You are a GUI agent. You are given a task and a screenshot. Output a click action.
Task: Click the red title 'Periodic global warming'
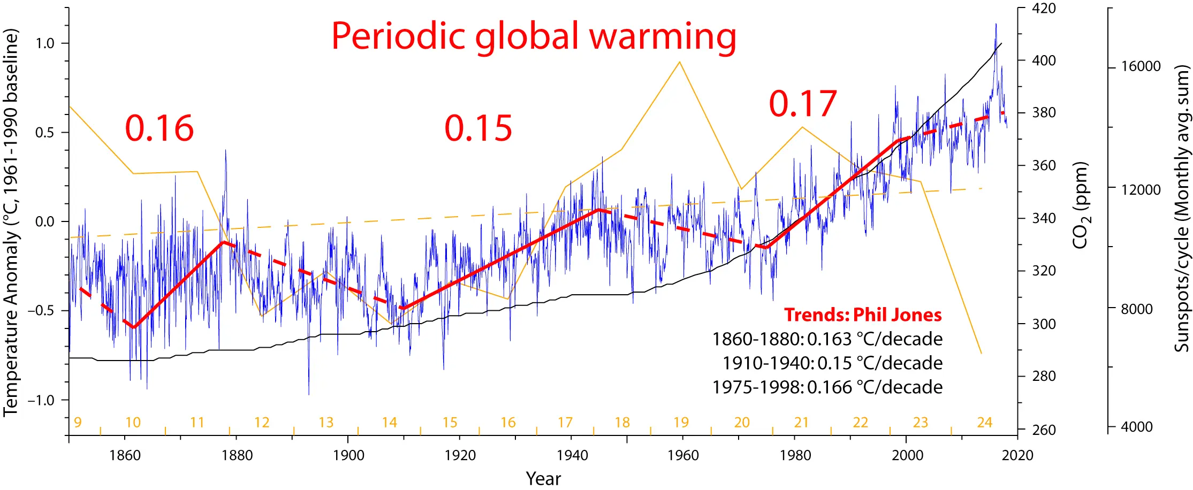[x=534, y=36]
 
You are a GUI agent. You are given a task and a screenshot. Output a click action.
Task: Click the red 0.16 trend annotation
[x=159, y=129]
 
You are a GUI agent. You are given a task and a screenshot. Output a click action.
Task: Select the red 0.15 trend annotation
[x=478, y=129]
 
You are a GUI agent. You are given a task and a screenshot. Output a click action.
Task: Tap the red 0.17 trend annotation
[x=802, y=104]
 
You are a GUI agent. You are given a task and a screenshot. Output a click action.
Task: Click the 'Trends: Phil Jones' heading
[x=863, y=315]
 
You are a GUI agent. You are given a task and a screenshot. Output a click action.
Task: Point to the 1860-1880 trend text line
[x=827, y=339]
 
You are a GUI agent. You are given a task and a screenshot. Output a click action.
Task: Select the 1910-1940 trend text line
[x=832, y=363]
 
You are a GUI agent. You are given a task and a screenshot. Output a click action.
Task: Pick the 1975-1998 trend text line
[x=827, y=387]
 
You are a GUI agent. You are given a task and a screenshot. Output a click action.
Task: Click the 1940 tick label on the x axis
[x=572, y=455]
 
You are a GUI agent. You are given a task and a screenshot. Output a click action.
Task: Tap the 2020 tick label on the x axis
[x=1017, y=455]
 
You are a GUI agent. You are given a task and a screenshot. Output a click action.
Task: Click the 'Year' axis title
[x=543, y=478]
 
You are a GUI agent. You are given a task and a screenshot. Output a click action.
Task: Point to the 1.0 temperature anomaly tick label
[x=45, y=43]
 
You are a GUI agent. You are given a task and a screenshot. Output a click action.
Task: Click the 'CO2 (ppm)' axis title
[x=1081, y=206]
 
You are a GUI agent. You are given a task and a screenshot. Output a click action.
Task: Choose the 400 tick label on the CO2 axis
[x=1044, y=60]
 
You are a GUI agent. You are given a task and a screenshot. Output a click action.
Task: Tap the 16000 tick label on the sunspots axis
[x=1141, y=66]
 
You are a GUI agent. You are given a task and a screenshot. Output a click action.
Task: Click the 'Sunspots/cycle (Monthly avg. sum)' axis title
[x=1181, y=209]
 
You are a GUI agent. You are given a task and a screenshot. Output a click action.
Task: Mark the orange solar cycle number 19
[x=681, y=423]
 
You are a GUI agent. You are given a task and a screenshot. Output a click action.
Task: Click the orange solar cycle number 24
[x=984, y=423]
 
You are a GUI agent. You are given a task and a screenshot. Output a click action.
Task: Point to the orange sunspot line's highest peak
[x=680, y=62]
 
